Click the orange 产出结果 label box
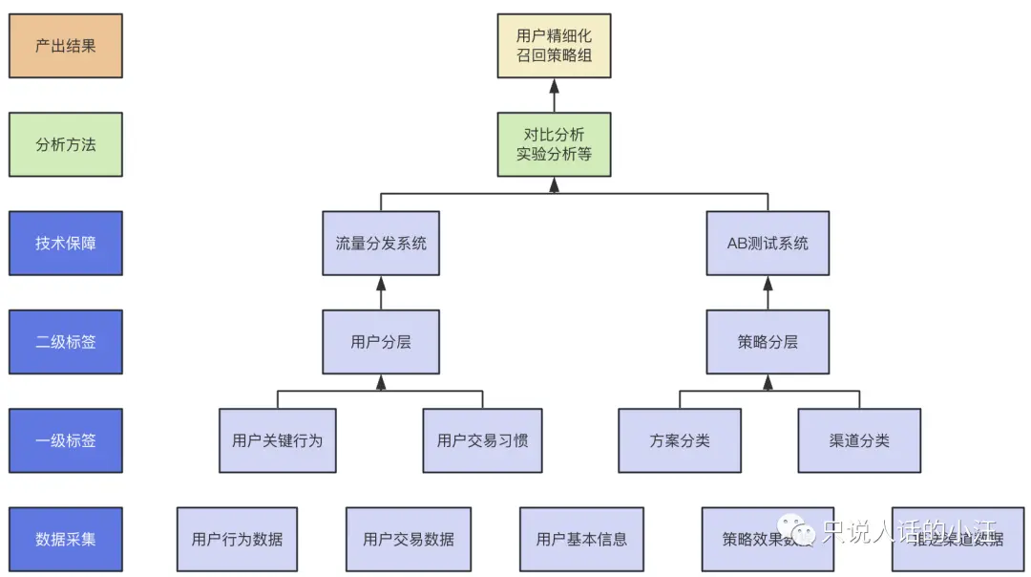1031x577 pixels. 66,46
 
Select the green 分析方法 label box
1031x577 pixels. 66,144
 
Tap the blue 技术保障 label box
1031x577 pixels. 66,243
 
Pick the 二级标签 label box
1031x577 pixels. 66,341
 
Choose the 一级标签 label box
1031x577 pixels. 66,440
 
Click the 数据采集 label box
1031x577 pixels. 66,539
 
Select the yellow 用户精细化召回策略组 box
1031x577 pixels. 554,46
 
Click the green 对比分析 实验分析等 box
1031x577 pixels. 554,144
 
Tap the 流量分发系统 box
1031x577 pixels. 381,243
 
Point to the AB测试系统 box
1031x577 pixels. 768,243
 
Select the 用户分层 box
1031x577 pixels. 381,341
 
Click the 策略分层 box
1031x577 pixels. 768,341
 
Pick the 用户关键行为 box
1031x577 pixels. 277,440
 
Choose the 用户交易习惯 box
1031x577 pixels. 482,440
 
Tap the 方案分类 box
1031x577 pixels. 680,440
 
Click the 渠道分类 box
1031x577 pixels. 859,440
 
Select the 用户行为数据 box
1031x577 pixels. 237,539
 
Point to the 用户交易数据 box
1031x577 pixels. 409,539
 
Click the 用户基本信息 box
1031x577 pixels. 581,539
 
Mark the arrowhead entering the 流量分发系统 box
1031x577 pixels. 381,283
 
